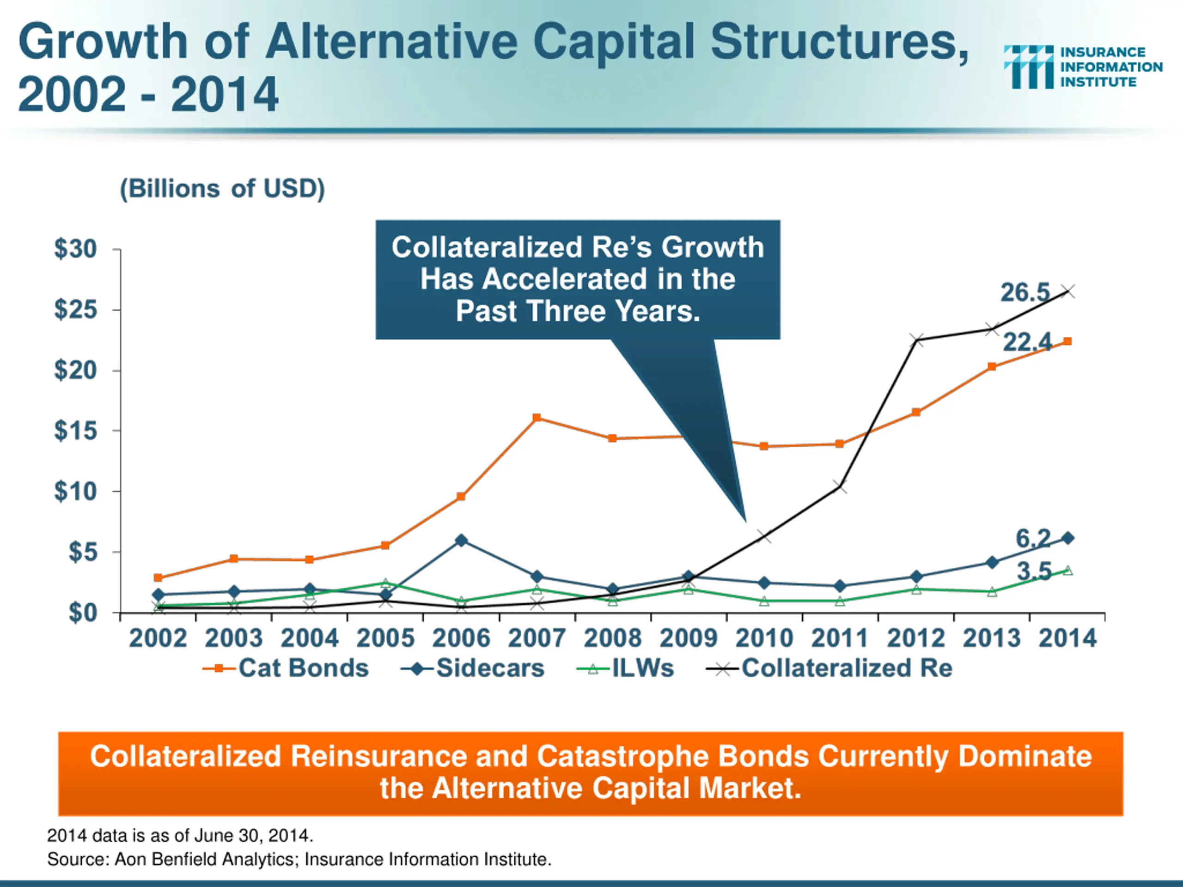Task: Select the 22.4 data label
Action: (1026, 342)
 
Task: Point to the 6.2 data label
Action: (1033, 538)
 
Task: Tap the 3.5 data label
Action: (1034, 571)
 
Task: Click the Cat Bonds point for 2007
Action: (537, 418)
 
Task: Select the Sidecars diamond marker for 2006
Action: (461, 541)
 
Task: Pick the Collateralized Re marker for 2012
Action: (916, 340)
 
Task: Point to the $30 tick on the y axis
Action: (75, 249)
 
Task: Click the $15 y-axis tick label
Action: (75, 431)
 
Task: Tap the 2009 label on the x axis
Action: (688, 638)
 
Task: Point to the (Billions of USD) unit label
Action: (222, 189)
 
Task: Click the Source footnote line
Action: (299, 859)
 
